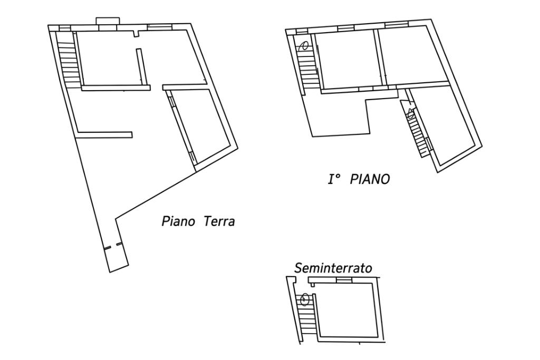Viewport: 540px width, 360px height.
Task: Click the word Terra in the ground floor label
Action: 219,221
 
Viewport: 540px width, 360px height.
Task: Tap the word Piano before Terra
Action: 178,221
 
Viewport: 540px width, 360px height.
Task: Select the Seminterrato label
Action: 333,268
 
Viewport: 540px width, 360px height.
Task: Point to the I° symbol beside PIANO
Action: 334,179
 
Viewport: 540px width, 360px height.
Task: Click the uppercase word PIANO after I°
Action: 370,179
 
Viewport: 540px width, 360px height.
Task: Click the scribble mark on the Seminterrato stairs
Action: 304,299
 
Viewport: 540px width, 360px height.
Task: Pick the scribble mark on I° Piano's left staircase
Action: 304,46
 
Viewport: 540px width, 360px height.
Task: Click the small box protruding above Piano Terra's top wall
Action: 108,21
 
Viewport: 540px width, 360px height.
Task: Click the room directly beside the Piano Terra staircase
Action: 110,59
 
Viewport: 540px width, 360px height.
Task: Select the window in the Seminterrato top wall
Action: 343,280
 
